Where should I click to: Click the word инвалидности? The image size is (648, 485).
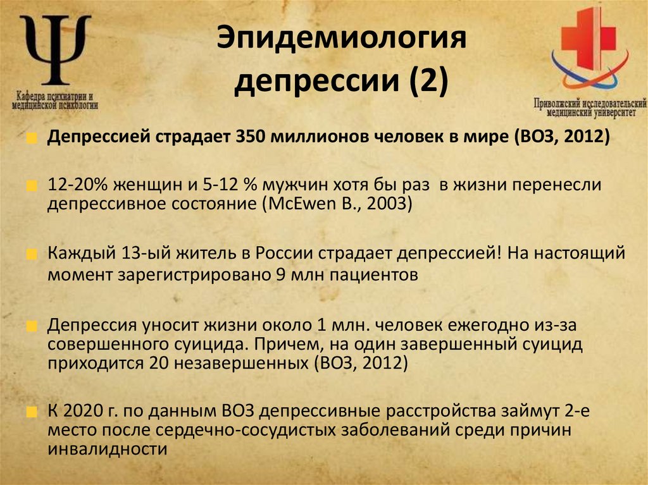coord(107,450)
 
